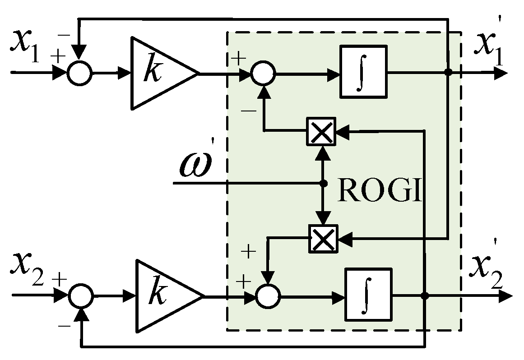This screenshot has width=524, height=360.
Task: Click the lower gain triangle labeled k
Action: (x=162, y=296)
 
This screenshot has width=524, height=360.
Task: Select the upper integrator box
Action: (x=363, y=71)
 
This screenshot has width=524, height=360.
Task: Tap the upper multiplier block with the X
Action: (x=321, y=131)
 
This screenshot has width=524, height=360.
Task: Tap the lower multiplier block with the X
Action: (x=323, y=238)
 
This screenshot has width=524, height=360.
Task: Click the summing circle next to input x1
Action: (x=79, y=72)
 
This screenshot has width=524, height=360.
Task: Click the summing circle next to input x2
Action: (x=80, y=296)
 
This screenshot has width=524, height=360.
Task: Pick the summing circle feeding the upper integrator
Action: (x=263, y=73)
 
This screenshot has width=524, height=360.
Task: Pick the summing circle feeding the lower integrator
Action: (x=268, y=296)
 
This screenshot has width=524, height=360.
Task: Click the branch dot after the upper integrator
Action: (x=448, y=72)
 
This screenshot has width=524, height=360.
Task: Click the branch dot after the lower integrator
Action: (x=424, y=296)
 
